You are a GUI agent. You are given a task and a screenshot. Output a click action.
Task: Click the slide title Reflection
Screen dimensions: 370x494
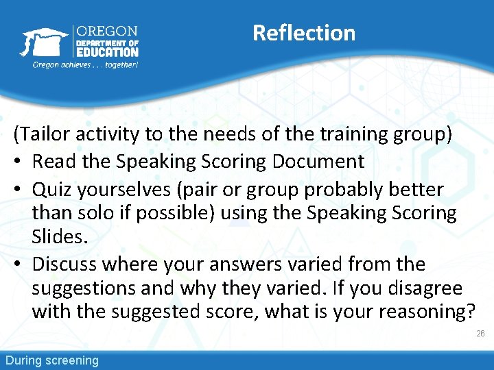[x=304, y=33]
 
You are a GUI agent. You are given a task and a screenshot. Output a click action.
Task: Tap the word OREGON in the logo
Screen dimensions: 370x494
[x=107, y=32]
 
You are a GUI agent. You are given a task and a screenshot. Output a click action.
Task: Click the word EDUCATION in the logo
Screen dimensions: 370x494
[x=107, y=52]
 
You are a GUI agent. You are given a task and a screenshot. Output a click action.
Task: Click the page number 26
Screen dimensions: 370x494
[x=480, y=334]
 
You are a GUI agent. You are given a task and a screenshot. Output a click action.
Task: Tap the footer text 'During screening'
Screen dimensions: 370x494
[x=52, y=360]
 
